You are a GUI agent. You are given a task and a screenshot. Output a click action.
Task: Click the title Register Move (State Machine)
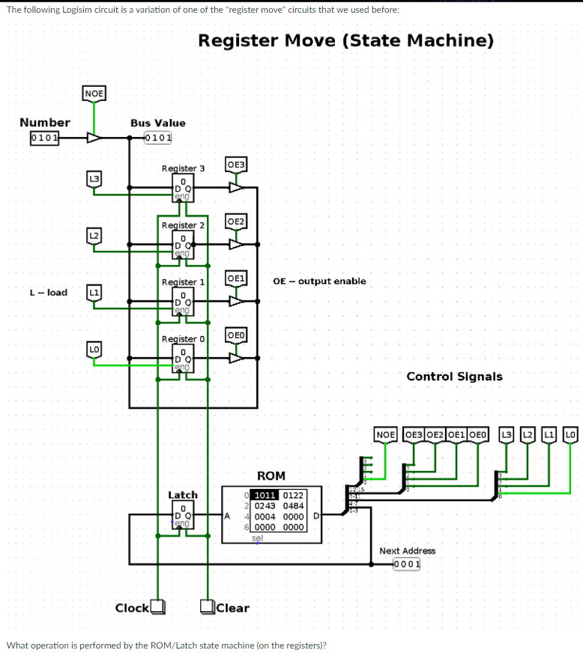[345, 40]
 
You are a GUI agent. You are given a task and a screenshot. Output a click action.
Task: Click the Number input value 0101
[44, 138]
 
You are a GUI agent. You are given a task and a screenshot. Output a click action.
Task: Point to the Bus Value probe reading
[157, 138]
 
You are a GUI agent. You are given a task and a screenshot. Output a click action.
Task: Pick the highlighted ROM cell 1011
[266, 495]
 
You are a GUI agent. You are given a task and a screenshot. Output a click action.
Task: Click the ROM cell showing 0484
[293, 505]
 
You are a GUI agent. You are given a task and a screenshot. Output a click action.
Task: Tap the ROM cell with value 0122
[293, 495]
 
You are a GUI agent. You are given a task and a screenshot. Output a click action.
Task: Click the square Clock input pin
[157, 607]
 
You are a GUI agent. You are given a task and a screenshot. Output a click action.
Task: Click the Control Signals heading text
[454, 377]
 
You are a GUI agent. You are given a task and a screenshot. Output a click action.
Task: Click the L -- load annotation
[48, 292]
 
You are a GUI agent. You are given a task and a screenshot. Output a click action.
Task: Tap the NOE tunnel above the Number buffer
[94, 94]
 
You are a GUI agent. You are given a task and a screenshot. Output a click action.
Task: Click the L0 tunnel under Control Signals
[571, 434]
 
